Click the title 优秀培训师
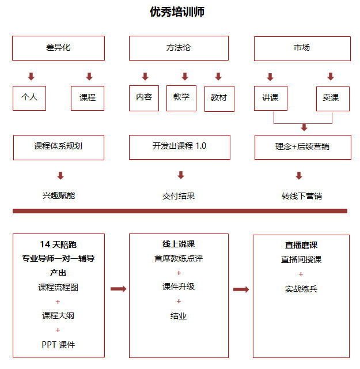tap(177, 12)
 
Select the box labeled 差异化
tap(58, 48)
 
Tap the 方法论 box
tap(179, 48)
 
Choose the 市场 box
tap(302, 48)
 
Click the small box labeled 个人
tap(29, 98)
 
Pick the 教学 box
tap(181, 98)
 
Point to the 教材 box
tap(219, 99)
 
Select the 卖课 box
tap(333, 99)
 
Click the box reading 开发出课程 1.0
tap(180, 147)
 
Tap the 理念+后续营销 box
tap(303, 147)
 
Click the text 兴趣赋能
tap(59, 195)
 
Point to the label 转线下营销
tap(301, 196)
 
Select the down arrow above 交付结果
tap(181, 175)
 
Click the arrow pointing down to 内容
tap(145, 77)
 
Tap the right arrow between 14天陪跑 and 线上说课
tap(119, 289)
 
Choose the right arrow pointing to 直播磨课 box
tap(241, 289)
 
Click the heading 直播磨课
tap(301, 245)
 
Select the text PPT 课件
tap(58, 345)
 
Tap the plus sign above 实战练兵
tap(301, 274)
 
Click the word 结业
tap(179, 316)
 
